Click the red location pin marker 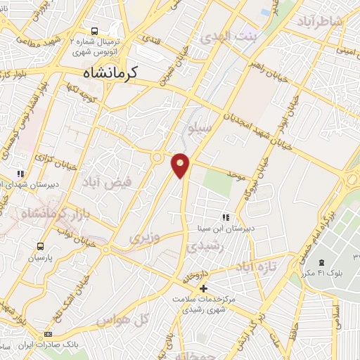[181, 165]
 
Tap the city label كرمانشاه [111, 71]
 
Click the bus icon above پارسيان [41, 247]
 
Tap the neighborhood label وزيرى [145, 238]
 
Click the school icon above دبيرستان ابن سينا [226, 217]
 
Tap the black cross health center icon [203, 288]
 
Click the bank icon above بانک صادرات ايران [48, 334]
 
